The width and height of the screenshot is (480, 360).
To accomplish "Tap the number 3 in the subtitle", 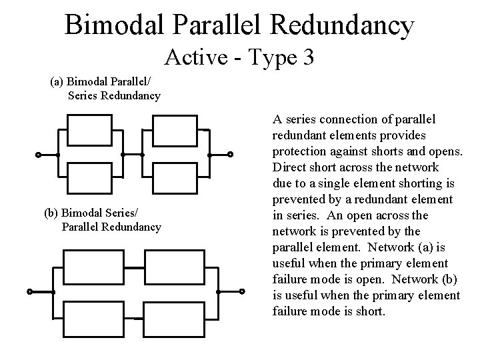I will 307,58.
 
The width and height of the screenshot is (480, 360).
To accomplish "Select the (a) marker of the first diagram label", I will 58,83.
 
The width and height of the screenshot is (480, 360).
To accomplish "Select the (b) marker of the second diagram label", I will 51,213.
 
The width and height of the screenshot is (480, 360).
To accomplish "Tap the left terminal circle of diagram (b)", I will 30,292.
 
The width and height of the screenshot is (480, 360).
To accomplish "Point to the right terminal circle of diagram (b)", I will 242,291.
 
